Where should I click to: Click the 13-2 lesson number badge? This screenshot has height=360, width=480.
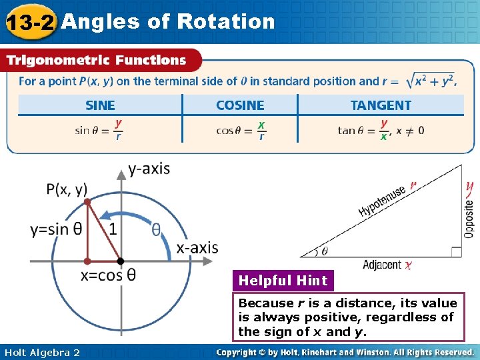(29, 23)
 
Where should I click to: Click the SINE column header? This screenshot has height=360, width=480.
(100, 105)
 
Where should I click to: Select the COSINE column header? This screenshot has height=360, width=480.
(240, 105)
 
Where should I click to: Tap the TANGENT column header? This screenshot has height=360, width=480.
(381, 105)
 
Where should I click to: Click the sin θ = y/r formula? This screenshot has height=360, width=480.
(99, 130)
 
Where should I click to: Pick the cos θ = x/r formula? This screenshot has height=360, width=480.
(241, 130)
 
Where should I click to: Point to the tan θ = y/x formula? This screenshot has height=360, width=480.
(380, 130)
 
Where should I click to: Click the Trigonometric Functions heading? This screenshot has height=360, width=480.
(96, 60)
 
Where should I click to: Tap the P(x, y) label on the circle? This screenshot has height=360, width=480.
(67, 189)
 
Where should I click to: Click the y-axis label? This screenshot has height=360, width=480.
(149, 169)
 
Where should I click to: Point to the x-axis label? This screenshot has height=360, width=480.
(197, 248)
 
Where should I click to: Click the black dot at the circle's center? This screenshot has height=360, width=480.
(121, 261)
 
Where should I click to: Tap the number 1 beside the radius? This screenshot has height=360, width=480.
(113, 229)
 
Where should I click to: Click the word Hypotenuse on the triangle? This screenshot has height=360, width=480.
(383, 201)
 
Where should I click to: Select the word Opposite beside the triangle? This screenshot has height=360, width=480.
(469, 215)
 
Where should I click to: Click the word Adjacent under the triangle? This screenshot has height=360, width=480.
(382, 265)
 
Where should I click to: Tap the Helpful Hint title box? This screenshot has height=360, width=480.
(283, 281)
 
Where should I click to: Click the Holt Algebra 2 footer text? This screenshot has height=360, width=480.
(42, 352)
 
